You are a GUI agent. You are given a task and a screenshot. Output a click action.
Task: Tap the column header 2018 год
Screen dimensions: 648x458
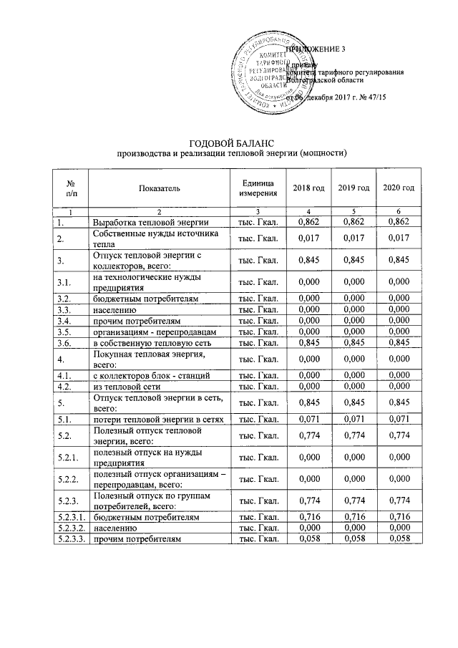click(308, 188)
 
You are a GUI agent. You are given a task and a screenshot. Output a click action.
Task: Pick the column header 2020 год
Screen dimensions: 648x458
click(399, 188)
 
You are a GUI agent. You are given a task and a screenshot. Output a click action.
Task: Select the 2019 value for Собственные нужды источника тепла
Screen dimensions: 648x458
click(354, 238)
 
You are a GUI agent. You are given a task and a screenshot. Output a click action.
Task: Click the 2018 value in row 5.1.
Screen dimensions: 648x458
click(308, 417)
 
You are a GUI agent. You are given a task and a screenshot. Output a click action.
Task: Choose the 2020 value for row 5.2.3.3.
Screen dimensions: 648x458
click(399, 537)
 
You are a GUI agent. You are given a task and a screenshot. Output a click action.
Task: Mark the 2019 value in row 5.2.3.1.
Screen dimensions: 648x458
click(354, 516)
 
